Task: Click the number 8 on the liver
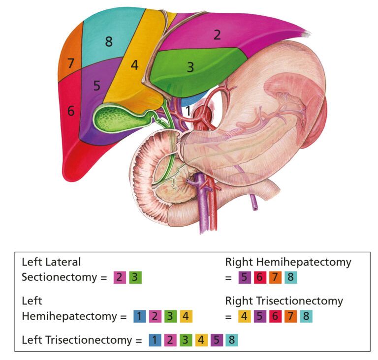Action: coord(108,42)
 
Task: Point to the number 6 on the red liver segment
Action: coord(71,111)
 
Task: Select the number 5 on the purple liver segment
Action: coord(97,85)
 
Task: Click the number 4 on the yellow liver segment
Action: coord(134,64)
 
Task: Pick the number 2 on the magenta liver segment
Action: coord(217,34)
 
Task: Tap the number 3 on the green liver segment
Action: coord(190,67)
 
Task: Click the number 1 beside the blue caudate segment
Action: coord(188,111)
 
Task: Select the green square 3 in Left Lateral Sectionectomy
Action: coord(135,277)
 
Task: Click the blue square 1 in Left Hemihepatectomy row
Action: coord(139,316)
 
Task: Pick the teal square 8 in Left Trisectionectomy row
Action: coord(231,339)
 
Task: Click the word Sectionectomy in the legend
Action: coord(59,277)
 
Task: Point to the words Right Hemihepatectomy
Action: coord(288,262)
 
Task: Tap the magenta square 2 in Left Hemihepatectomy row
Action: coord(155,316)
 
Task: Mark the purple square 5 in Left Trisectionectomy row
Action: coord(216,339)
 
